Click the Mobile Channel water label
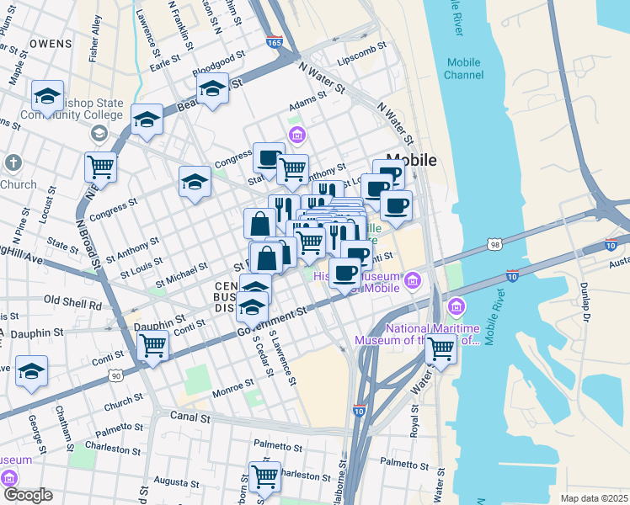pos(463,68)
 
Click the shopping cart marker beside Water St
pos(440,348)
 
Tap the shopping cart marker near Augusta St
pos(264,476)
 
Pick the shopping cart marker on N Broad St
pos(101,167)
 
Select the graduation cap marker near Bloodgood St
pos(213,87)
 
